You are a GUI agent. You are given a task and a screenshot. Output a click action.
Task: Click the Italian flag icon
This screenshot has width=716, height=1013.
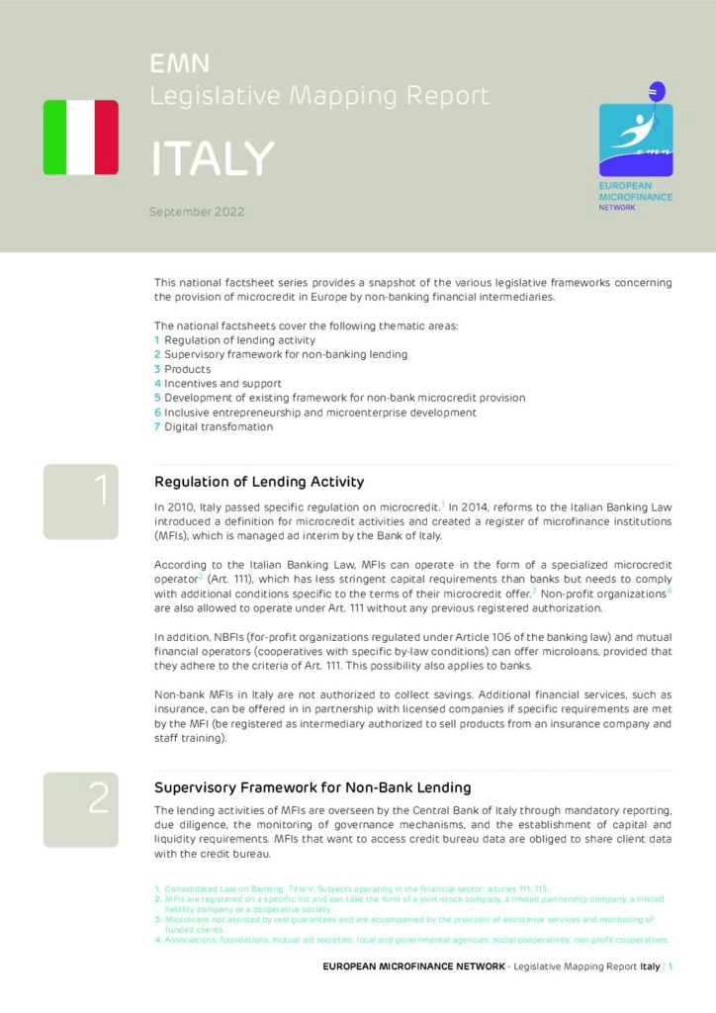click(80, 138)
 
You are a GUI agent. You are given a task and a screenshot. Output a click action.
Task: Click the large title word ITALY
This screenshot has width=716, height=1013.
click(212, 158)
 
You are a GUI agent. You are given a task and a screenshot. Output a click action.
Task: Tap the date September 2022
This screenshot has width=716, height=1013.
click(197, 212)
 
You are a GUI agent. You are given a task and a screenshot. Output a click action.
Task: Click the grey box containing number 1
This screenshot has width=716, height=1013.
click(80, 502)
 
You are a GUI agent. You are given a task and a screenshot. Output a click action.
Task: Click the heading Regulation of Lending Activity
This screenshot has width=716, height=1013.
click(259, 482)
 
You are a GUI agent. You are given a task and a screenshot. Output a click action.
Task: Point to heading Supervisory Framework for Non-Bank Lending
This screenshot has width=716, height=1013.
click(313, 787)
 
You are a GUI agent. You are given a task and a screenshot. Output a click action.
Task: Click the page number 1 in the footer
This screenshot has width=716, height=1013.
click(671, 967)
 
